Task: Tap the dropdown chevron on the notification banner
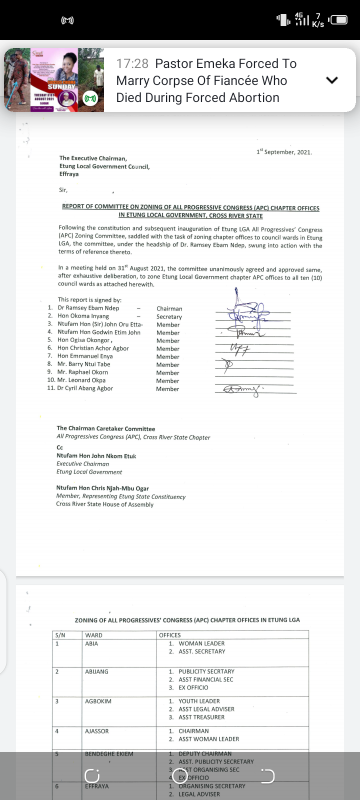point(332,80)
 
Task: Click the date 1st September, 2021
point(284,151)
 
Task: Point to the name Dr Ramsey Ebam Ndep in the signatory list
point(88,308)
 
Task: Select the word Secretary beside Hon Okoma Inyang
point(169,316)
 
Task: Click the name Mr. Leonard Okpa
point(81,380)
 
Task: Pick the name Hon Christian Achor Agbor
point(93,348)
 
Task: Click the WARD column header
point(93,635)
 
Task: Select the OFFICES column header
point(170,635)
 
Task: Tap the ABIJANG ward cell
point(96,671)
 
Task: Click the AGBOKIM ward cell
point(98,701)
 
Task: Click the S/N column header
point(60,635)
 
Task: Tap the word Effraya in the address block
point(69,174)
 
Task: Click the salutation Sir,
point(63,190)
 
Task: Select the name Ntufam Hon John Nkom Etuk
point(96,455)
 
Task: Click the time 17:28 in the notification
point(132,63)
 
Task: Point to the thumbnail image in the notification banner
point(54,80)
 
